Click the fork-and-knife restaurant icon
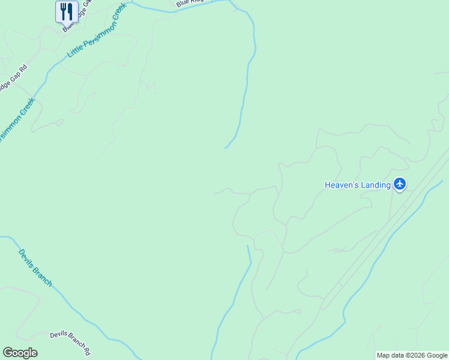point(67,11)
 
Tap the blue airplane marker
point(400,184)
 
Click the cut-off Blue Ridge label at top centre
point(189,4)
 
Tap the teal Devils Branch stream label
point(35,268)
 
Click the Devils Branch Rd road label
point(70,343)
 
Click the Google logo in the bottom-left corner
point(20,353)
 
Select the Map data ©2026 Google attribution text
point(412,355)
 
